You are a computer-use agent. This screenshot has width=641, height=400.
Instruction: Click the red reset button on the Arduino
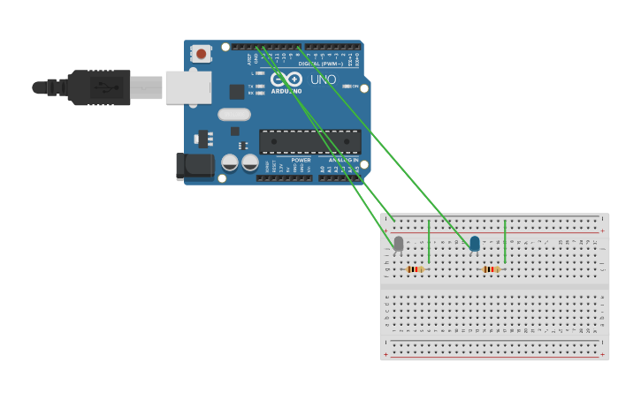pyautogui.click(x=202, y=54)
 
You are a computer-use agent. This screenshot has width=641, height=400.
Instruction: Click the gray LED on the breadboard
pyautogui.click(x=398, y=243)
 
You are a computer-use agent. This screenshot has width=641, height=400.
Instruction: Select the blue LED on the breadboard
pyautogui.click(x=475, y=243)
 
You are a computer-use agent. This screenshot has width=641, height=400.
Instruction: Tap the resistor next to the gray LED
pyautogui.click(x=414, y=269)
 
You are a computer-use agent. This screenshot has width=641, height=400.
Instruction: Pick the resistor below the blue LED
pyautogui.click(x=491, y=269)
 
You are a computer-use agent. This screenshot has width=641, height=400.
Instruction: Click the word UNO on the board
pyautogui.click(x=323, y=79)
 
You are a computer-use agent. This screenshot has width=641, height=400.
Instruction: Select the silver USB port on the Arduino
pyautogui.click(x=188, y=87)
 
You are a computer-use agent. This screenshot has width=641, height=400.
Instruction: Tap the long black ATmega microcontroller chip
pyautogui.click(x=309, y=142)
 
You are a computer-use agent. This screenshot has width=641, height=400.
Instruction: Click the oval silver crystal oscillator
pyautogui.click(x=234, y=114)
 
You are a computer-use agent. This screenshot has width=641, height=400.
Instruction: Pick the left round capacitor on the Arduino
pyautogui.click(x=230, y=162)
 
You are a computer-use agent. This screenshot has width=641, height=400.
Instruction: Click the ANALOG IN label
pyautogui.click(x=343, y=160)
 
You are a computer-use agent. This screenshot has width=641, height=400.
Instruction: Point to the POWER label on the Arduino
pyautogui.click(x=301, y=160)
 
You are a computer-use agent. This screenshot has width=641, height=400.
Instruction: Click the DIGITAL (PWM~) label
pyautogui.click(x=321, y=64)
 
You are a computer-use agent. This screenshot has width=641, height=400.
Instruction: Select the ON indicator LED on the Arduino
pyautogui.click(x=347, y=87)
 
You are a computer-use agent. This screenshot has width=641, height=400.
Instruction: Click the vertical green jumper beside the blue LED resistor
pyautogui.click(x=505, y=241)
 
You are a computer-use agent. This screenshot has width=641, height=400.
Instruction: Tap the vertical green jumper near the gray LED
pyautogui.click(x=429, y=241)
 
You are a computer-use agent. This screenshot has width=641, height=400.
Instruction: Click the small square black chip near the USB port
pyautogui.click(x=237, y=92)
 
